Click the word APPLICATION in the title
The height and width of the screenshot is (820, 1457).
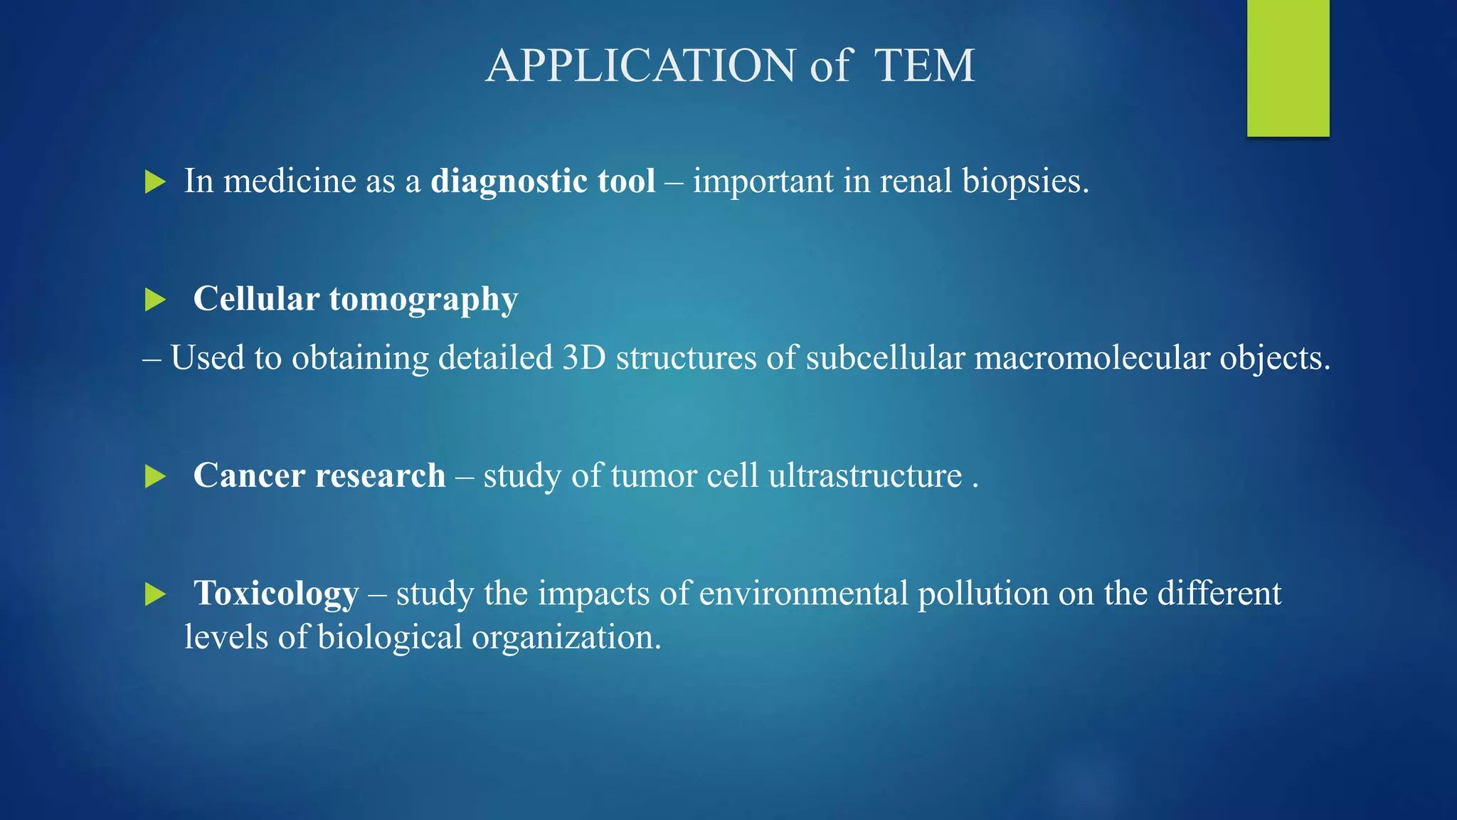click(x=640, y=65)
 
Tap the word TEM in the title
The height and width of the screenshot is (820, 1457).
click(x=923, y=65)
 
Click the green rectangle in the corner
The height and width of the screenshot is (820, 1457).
click(x=1288, y=68)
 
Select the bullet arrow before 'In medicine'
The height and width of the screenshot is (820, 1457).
click(x=154, y=182)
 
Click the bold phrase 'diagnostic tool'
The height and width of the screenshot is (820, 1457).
click(x=543, y=181)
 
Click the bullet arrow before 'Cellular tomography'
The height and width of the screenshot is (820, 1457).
click(x=154, y=300)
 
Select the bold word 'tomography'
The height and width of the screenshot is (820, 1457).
click(x=423, y=300)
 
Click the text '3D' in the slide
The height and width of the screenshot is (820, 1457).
click(x=583, y=357)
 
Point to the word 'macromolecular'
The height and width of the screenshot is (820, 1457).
click(x=1091, y=357)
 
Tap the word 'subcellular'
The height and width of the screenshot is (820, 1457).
click(x=885, y=357)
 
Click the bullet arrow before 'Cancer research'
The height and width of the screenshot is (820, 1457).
click(x=154, y=476)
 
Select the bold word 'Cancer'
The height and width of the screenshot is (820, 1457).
click(x=249, y=475)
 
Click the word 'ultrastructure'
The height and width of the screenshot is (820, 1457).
click(x=864, y=475)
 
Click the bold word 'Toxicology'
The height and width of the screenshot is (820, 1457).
click(x=276, y=594)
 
